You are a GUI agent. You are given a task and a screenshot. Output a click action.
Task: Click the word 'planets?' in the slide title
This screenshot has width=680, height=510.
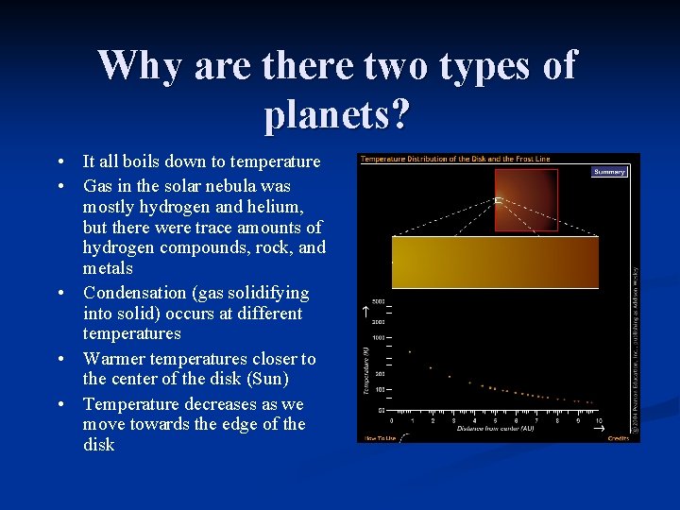337,115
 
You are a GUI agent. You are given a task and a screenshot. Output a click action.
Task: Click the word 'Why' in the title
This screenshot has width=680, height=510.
141,66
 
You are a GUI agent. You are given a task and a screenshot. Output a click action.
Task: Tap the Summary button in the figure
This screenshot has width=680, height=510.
609,172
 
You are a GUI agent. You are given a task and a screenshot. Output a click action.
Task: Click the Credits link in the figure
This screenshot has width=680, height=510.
618,438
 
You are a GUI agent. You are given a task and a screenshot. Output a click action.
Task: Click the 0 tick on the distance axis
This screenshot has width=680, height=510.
391,419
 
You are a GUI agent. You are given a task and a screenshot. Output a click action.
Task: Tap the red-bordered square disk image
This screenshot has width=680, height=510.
526,199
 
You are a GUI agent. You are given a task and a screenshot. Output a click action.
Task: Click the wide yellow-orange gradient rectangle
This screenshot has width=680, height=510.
495,262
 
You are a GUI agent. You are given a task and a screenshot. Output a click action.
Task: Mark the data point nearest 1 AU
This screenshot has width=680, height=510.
410,351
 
